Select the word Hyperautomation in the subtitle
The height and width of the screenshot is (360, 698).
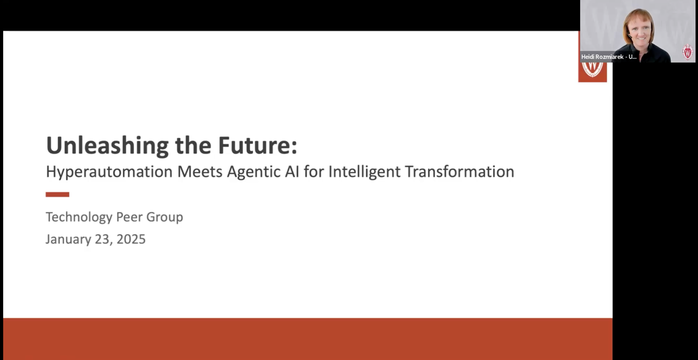point(109,172)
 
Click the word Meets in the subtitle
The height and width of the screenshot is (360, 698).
point(200,172)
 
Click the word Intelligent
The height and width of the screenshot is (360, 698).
point(364,172)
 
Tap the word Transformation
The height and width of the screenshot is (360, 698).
point(459,172)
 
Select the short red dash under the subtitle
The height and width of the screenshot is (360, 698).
point(58,194)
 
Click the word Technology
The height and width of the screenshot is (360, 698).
point(79,217)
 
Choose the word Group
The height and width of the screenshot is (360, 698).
point(164,217)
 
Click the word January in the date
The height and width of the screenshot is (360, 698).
point(68,239)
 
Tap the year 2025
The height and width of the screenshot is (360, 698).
point(131,239)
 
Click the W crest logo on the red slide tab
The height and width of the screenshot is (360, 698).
point(592,69)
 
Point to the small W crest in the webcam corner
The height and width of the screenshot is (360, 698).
point(688,52)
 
